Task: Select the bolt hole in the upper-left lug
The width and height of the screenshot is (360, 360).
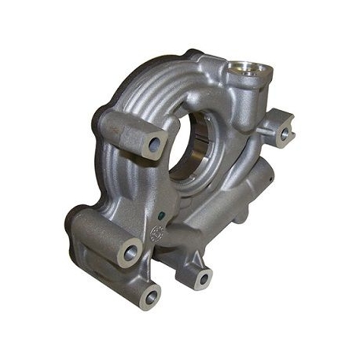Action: pyautogui.click(x=155, y=144)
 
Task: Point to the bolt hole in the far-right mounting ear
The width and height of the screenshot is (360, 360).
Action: pyautogui.click(x=285, y=134)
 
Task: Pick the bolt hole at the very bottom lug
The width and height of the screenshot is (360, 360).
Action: pyautogui.click(x=150, y=297)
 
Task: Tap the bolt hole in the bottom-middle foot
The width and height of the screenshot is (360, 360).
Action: pyautogui.click(x=204, y=277)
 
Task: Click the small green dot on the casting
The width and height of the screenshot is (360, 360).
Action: pyautogui.click(x=161, y=213)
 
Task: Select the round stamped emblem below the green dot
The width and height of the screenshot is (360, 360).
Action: pyautogui.click(x=158, y=233)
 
